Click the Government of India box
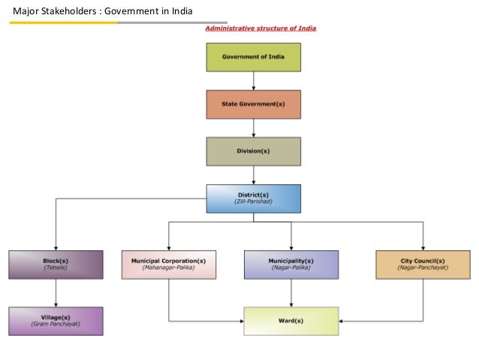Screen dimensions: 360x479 [254, 57]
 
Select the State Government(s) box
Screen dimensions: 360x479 [254, 104]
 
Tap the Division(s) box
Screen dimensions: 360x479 [254, 151]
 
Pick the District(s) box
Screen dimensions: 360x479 [254, 198]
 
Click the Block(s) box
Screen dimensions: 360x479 [56, 264]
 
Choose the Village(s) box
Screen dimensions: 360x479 [56, 320]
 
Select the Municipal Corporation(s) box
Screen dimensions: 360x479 [168, 264]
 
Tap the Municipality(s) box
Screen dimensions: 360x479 [291, 264]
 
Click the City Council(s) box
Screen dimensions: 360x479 [424, 264]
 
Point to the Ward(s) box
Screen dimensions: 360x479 [291, 320]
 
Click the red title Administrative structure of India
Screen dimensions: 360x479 [261, 29]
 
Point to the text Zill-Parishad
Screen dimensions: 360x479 [254, 202]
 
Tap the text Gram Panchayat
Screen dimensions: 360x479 [56, 325]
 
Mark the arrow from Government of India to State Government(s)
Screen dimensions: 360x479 [254, 81]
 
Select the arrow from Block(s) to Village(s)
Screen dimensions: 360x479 [56, 292]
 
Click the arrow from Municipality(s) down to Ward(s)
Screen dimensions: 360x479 [291, 292]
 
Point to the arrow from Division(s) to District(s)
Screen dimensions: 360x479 [254, 174]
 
